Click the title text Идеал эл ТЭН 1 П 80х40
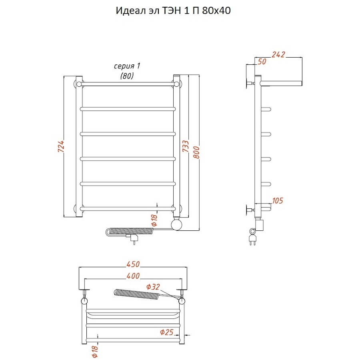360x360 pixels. coord(173,11)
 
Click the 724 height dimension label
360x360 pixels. coord(61,146)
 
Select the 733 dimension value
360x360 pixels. coord(186,146)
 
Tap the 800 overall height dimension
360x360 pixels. coord(196,152)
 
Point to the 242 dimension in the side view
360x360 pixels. coord(278,54)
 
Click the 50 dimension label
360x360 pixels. coord(262,61)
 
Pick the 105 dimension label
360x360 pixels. coord(277,201)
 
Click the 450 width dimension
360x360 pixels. coord(133,264)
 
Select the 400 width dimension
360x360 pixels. coord(133,276)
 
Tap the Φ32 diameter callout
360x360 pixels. coord(153,287)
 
